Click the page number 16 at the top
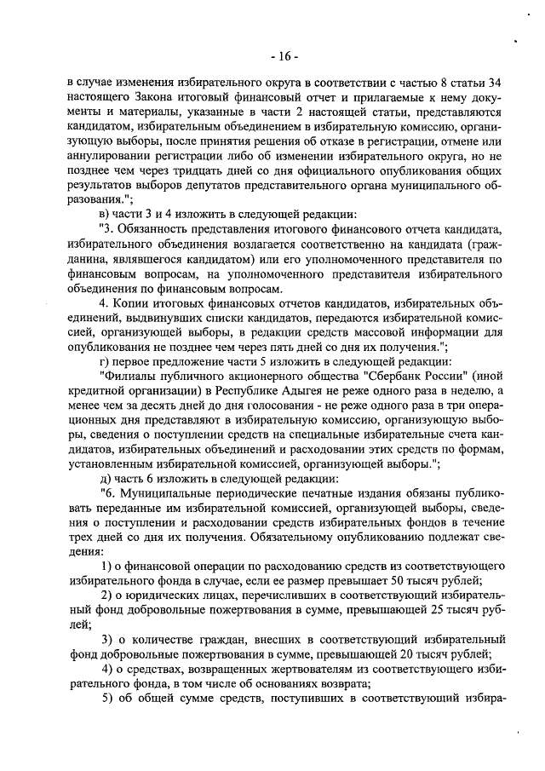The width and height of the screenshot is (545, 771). coord(283,56)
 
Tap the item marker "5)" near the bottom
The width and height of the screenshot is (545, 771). coord(109,705)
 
